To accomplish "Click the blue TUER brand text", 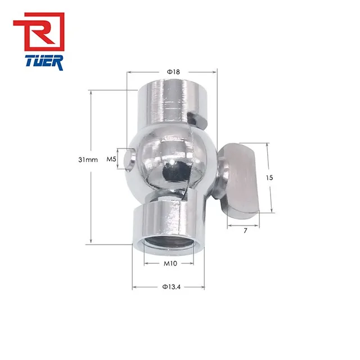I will (x=39, y=62).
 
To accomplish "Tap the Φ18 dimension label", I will (x=173, y=72).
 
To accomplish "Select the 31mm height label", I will (x=88, y=160).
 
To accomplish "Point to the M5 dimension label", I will (x=111, y=160).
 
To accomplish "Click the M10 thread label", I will (x=171, y=263).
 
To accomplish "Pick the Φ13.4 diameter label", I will (x=171, y=287).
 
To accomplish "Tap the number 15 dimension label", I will (x=269, y=177).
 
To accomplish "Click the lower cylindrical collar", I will (x=169, y=222).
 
